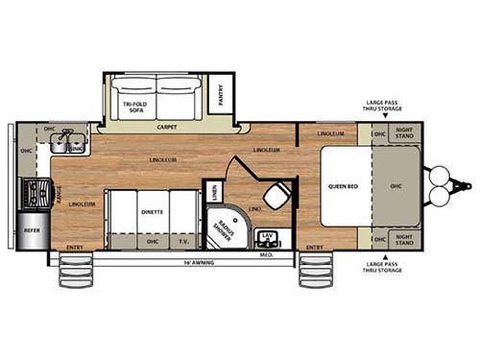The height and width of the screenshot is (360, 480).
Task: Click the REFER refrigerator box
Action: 33,231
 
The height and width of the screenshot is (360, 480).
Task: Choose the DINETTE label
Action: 152,210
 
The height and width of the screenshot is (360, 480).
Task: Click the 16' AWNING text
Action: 200,262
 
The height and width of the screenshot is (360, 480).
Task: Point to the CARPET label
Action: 167,127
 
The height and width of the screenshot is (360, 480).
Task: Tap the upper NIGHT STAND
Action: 402,136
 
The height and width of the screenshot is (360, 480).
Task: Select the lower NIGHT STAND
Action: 402,238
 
